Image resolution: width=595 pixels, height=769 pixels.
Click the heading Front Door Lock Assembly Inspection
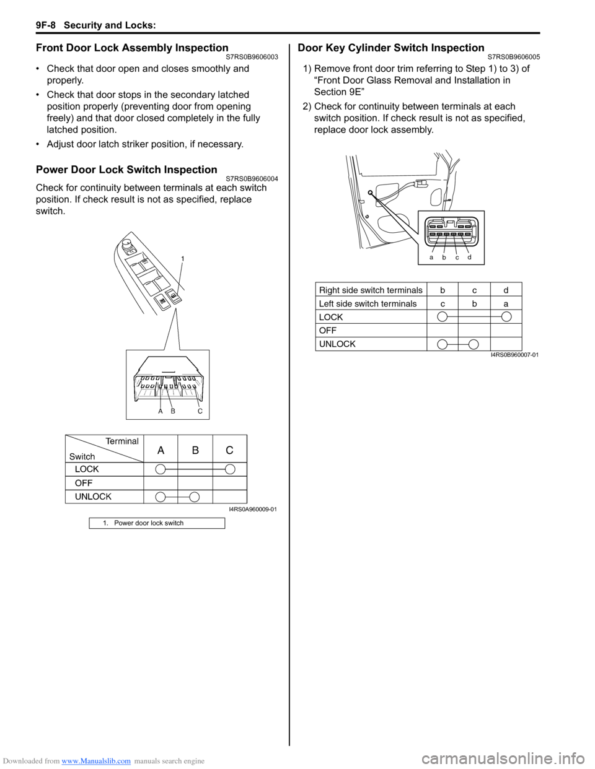pos(132,48)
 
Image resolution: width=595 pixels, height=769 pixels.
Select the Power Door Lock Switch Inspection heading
pos(126,170)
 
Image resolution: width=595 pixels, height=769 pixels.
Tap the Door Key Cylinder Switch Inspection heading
pos(391,48)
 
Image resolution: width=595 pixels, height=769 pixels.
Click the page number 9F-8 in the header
pos(45,25)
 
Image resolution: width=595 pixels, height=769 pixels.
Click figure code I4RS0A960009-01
pos(253,509)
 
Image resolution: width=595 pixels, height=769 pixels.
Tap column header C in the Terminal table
pos(229,450)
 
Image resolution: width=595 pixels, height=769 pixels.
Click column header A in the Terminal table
pos(161,450)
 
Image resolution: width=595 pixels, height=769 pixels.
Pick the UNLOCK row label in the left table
pos(93,497)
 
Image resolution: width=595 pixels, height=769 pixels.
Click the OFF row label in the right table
pos(328,331)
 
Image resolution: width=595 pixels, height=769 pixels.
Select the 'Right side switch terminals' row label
pos(371,290)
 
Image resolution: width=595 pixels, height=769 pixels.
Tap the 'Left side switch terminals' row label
pos(368,303)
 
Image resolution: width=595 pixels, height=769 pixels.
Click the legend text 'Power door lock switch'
pos(149,523)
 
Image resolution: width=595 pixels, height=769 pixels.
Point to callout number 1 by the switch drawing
pos(183,258)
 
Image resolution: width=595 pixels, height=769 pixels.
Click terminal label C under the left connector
pos(200,411)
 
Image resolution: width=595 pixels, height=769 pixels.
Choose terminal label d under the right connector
pos(470,257)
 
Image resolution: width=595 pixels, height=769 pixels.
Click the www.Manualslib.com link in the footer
pos(96,761)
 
